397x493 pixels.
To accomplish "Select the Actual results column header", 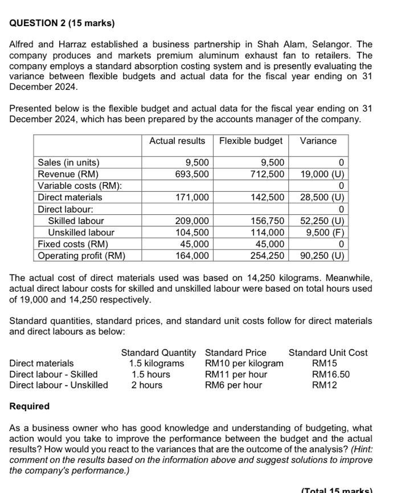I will pyautogui.click(x=177, y=140).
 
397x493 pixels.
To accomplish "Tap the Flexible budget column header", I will pyautogui.click(x=251, y=140).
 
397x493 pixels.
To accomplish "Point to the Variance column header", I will pyautogui.click(x=318, y=140).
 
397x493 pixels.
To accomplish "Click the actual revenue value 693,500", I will pyautogui.click(x=193, y=174).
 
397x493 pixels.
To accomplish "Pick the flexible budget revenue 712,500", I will pyautogui.click(x=268, y=174).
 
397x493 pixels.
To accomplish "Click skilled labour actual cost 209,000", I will pyautogui.click(x=193, y=221).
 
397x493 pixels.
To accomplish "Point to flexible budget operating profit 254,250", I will pyautogui.click(x=268, y=255).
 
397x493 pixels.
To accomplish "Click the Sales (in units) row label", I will pyautogui.click(x=68, y=163).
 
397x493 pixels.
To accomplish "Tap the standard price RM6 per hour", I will pyautogui.click(x=234, y=385).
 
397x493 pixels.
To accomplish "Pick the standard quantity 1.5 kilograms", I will pyautogui.click(x=157, y=363).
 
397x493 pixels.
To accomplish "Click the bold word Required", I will pyautogui.click(x=30, y=407).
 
